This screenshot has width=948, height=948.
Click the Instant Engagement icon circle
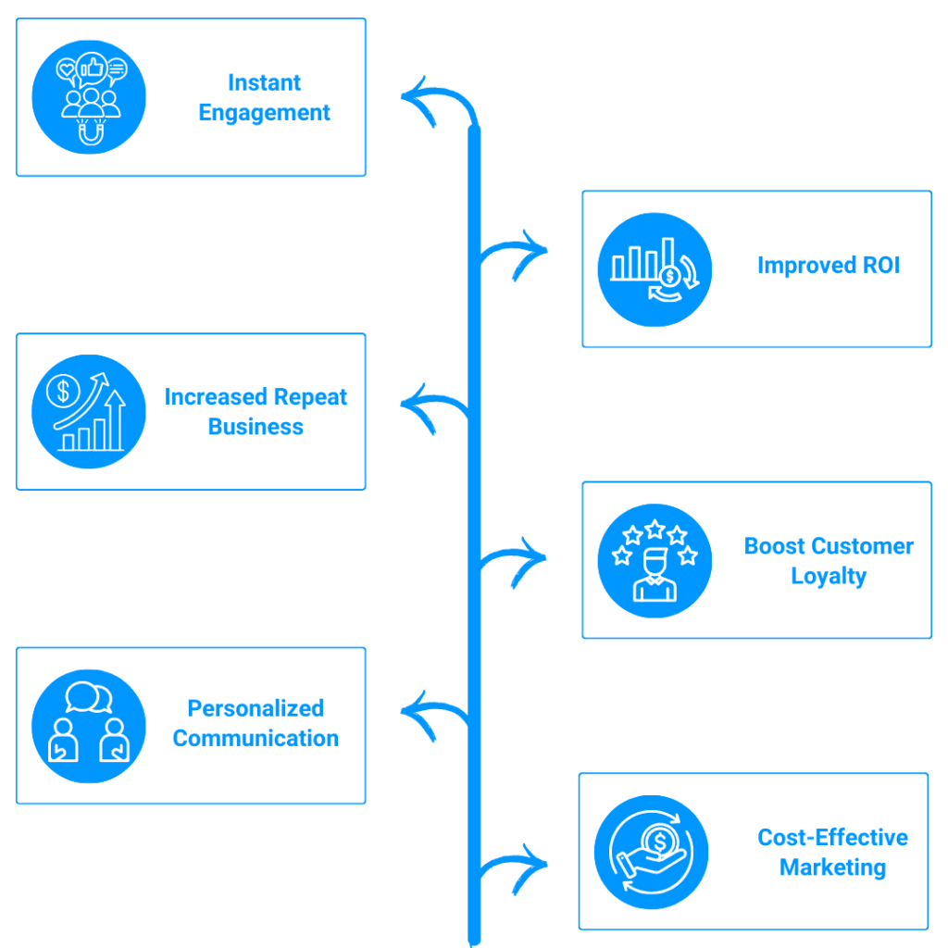click(89, 96)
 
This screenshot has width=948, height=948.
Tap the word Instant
click(265, 82)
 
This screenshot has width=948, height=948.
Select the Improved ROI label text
click(828, 265)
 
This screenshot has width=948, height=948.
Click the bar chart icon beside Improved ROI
click(655, 269)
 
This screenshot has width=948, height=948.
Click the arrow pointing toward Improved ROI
click(518, 255)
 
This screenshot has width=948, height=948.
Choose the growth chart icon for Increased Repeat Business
click(89, 412)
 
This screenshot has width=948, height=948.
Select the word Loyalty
click(829, 576)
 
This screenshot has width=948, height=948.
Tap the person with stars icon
click(655, 560)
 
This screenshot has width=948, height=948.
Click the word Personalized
click(256, 708)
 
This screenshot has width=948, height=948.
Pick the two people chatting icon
click(89, 725)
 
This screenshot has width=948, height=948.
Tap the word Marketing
click(832, 867)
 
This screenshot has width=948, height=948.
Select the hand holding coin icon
click(651, 852)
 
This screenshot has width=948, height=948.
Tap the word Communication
click(256, 738)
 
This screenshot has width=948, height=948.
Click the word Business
click(256, 427)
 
